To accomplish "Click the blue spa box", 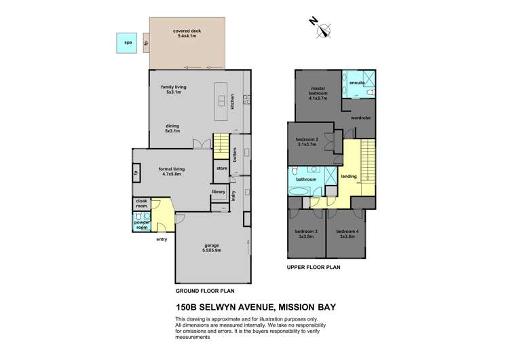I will [127, 43].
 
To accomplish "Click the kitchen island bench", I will [221, 100].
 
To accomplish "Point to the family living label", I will [173, 88].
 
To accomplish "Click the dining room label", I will [173, 126].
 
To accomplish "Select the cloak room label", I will [140, 203].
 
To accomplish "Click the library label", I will [218, 192].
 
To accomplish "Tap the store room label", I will [221, 168].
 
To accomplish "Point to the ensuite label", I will [357, 83].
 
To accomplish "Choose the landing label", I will [349, 176].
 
